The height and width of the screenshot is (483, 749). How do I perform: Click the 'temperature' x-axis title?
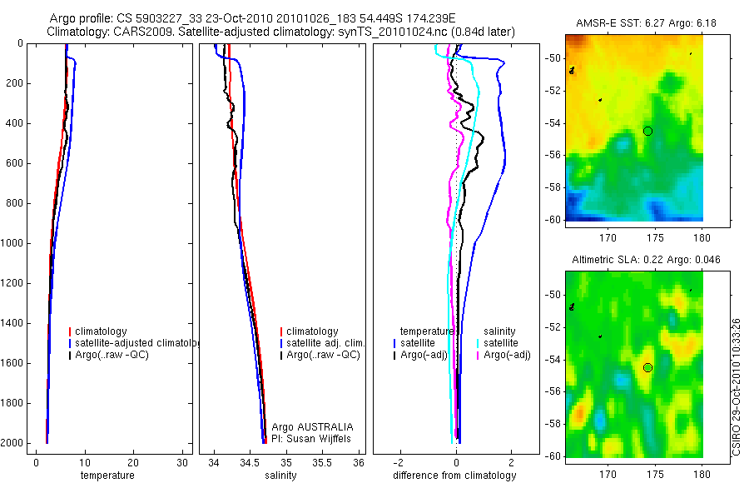point(107,476)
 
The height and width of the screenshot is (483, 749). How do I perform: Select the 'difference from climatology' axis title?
point(454,476)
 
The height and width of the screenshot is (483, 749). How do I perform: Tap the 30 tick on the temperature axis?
point(182,463)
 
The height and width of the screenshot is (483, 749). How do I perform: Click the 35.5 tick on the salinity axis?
point(323,463)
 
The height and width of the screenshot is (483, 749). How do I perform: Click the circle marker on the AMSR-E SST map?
point(647,131)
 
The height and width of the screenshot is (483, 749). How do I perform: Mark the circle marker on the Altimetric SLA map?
point(647,367)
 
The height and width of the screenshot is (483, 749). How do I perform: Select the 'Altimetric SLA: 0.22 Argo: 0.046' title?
point(638,261)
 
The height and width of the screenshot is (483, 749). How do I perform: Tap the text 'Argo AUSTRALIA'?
point(307,426)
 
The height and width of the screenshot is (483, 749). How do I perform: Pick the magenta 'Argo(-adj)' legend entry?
point(507,355)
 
